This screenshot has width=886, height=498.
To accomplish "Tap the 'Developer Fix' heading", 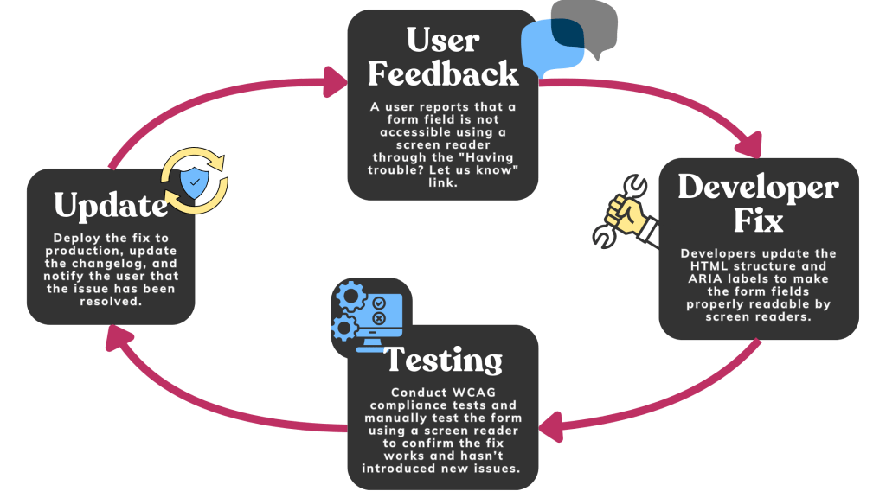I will pyautogui.click(x=758, y=204).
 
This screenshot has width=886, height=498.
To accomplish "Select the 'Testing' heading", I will pyautogui.click(x=443, y=360).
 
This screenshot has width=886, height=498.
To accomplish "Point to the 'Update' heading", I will pyautogui.click(x=110, y=205).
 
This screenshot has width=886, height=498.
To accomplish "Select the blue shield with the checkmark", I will pyautogui.click(x=194, y=182).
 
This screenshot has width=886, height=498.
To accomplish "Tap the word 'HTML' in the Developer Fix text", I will pyautogui.click(x=714, y=253).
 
